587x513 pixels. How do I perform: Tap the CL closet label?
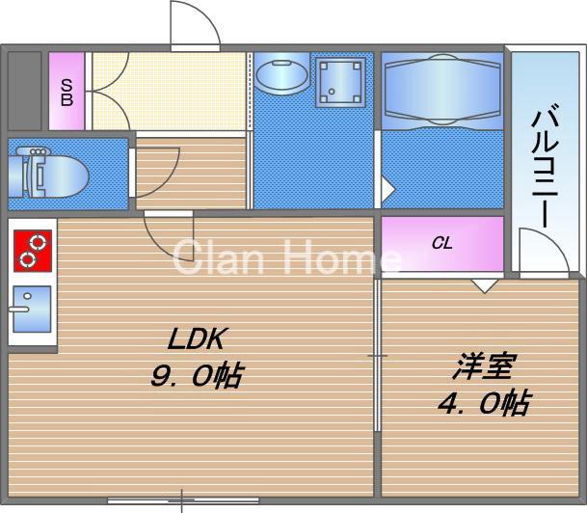coord(441,244)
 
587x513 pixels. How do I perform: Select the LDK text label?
coord(197,339)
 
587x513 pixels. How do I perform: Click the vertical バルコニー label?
coord(545,166)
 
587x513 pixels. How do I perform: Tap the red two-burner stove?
coord(31,250)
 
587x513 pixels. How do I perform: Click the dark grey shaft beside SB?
coord(25,91)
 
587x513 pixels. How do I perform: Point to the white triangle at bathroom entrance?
coord(387,187)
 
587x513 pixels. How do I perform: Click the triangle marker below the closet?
coord(485,284)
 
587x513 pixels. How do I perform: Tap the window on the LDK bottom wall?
coord(182,499)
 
